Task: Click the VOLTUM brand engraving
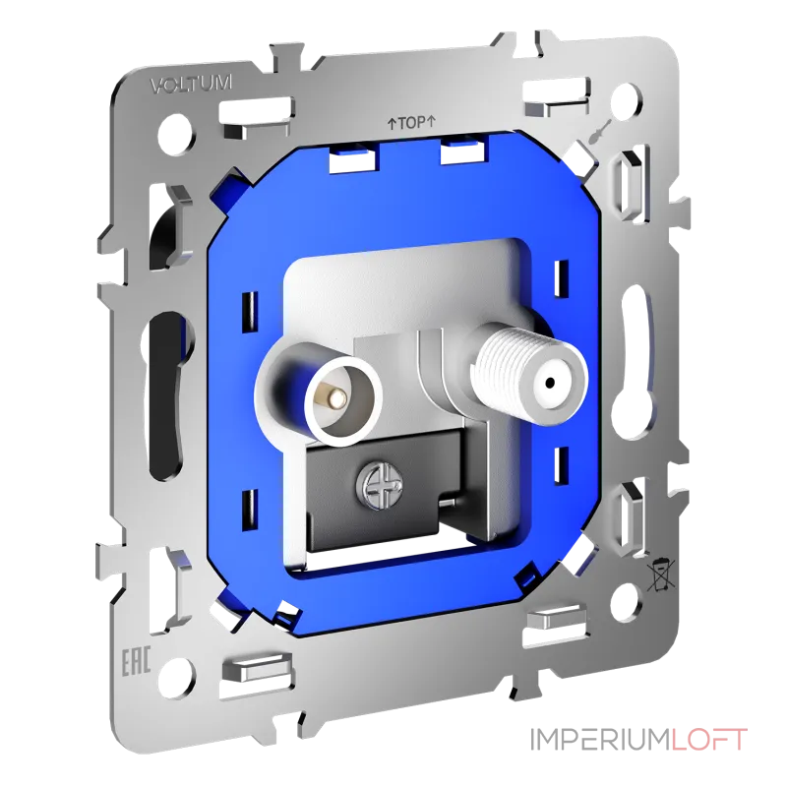(191, 85)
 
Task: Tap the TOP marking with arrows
(411, 123)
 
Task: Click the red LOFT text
(707, 740)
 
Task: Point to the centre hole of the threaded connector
(550, 380)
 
